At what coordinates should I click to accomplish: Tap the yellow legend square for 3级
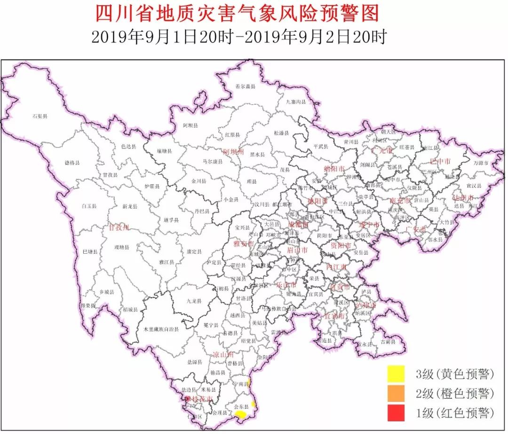click(x=396, y=374)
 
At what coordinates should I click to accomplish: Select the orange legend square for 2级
click(x=396, y=394)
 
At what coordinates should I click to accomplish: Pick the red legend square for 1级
click(x=396, y=413)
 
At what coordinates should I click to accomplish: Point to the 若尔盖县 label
click(x=245, y=86)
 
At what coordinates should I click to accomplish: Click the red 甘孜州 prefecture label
click(x=119, y=227)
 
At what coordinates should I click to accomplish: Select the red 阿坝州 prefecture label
click(x=234, y=152)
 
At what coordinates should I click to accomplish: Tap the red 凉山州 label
click(x=223, y=355)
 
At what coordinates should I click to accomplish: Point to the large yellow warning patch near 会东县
click(x=240, y=414)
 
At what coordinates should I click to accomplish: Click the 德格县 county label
click(x=72, y=163)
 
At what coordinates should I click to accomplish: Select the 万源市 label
click(x=481, y=163)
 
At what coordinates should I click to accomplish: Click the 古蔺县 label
click(x=388, y=342)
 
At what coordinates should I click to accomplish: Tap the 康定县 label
click(x=194, y=252)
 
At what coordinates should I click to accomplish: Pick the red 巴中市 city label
click(x=440, y=161)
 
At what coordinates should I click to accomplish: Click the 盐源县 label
click(x=194, y=362)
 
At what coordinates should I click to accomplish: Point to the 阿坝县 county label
click(x=190, y=125)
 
